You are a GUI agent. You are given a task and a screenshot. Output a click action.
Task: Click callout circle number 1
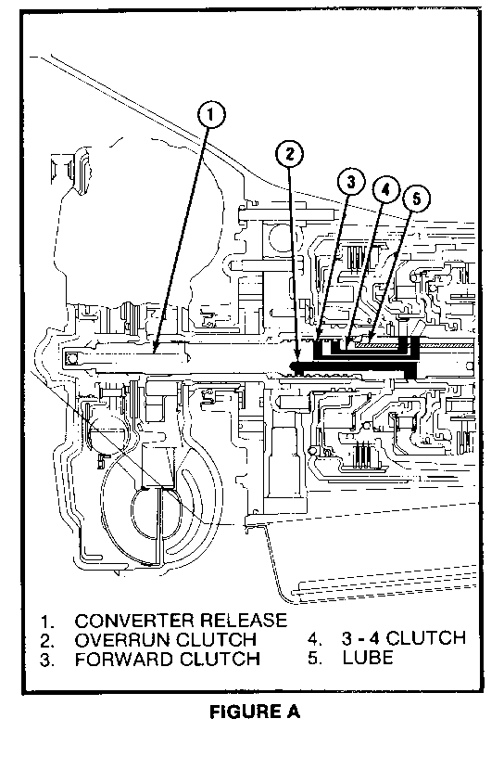pyautogui.click(x=210, y=115)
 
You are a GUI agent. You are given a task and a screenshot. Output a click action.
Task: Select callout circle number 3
pyautogui.click(x=350, y=182)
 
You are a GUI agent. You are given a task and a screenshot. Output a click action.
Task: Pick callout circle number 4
pyautogui.click(x=385, y=190)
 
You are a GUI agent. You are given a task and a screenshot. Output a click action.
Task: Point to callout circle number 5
pyautogui.click(x=417, y=199)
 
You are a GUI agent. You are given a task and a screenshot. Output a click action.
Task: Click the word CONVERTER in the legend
pyautogui.click(x=134, y=621)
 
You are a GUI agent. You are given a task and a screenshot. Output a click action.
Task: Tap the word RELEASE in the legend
pyautogui.click(x=244, y=621)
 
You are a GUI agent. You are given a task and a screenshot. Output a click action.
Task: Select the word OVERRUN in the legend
pyautogui.click(x=122, y=640)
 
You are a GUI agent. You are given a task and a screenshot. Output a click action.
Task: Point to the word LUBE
pyautogui.click(x=368, y=657)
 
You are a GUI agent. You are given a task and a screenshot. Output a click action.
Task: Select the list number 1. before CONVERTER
pyautogui.click(x=46, y=622)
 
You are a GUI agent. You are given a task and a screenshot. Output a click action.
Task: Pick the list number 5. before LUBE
pyautogui.click(x=315, y=658)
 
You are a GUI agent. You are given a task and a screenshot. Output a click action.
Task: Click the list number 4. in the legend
pyautogui.click(x=315, y=638)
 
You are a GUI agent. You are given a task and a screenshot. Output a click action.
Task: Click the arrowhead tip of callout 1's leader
pyautogui.click(x=153, y=353)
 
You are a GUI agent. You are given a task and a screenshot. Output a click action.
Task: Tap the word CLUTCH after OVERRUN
pyautogui.click(x=216, y=640)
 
